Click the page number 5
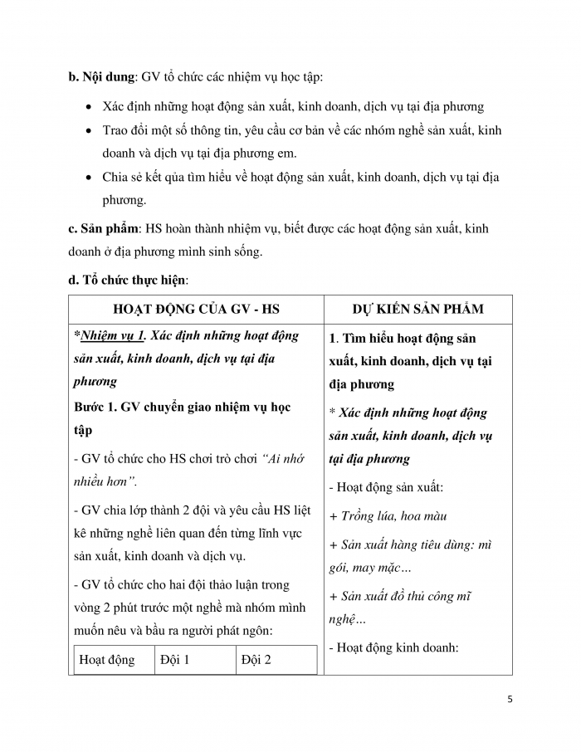tap(510, 698)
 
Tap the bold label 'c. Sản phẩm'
tap(102, 228)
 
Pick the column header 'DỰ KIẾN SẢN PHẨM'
tap(418, 310)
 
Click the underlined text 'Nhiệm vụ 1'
tap(113, 335)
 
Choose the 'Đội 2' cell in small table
tap(256, 661)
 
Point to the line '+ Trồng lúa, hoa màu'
tap(388, 515)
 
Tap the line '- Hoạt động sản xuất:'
tap(387, 487)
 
